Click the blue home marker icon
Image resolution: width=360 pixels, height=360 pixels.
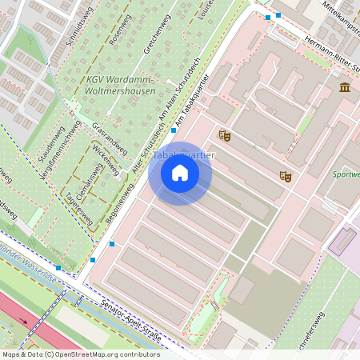(x=180, y=173)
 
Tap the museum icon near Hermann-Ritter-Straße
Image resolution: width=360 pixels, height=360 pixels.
(x=345, y=87)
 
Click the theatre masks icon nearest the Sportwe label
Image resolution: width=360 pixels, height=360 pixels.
(x=285, y=176)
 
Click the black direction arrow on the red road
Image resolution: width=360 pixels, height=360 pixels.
(x=24, y=322)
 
